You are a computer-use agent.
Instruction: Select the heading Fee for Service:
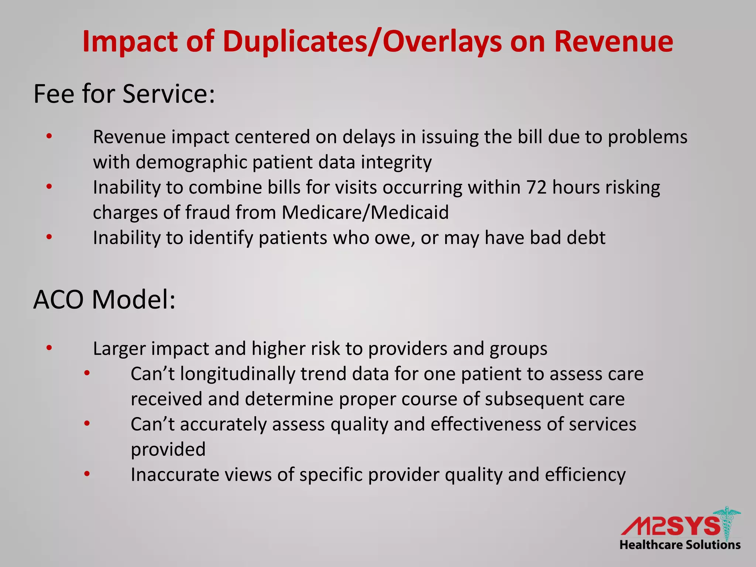coord(124,94)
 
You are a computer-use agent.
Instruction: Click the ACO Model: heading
coord(104,299)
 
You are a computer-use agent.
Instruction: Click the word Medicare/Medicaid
coord(365,213)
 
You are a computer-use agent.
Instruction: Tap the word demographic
coord(195,162)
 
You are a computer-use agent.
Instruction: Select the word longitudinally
coord(237,374)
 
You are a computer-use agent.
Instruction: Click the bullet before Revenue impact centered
coord(49,137)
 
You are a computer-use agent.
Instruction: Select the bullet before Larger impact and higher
coord(49,348)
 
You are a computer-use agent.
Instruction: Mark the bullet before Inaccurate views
coord(87,474)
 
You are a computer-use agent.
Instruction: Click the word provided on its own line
coord(168,450)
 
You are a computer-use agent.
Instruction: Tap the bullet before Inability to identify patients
coord(49,237)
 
